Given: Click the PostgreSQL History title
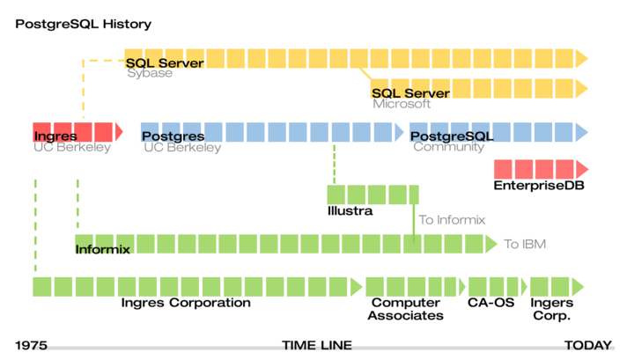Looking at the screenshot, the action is coord(83,25).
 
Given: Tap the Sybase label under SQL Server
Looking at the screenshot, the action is coord(150,73).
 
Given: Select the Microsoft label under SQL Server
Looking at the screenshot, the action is coord(402,104).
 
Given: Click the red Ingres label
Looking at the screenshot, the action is coord(55,136).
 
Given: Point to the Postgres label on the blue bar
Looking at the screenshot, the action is coord(173,136).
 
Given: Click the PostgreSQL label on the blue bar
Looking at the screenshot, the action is coord(452,136).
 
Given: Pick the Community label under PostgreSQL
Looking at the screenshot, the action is coord(448,147).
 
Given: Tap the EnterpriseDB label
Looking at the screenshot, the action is coord(539,186).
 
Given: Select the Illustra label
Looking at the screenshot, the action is coord(350,210).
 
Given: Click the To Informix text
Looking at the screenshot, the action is coord(452,220).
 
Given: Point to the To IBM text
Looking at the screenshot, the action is coord(525,244).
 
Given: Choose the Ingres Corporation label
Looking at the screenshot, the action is coord(186,303).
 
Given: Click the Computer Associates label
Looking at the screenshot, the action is coord(405,309).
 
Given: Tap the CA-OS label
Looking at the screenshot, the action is coord(491,303).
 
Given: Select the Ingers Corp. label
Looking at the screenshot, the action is coord(552,309).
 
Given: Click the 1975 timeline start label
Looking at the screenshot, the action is coord(31,345).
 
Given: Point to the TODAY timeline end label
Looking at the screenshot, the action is coord(588,345).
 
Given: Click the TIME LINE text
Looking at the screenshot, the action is coord(317,345).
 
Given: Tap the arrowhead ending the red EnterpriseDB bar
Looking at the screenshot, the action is coord(582,169).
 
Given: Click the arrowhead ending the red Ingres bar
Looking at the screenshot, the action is coord(119,132).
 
